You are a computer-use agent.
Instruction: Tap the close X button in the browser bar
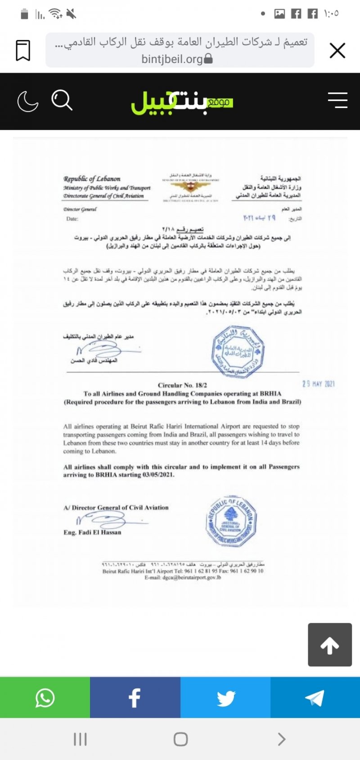[337, 50]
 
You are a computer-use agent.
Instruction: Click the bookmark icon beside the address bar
[23, 50]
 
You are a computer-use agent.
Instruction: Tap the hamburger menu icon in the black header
[337, 100]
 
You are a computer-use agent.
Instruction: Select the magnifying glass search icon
[62, 100]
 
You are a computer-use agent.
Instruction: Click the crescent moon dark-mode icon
[27, 101]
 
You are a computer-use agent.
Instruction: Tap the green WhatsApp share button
[45, 697]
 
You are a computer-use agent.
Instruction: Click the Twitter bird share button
[225, 697]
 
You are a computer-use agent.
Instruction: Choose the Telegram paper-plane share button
[315, 697]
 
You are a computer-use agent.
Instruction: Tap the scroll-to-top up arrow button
[329, 645]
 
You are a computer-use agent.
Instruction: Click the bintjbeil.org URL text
[172, 59]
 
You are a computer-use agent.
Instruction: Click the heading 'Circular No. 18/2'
[182, 385]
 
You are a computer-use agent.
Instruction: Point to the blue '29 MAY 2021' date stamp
[318, 384]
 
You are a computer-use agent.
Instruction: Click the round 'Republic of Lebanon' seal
[231, 522]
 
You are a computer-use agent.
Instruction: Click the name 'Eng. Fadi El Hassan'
[92, 532]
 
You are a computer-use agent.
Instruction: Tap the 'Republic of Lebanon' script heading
[92, 179]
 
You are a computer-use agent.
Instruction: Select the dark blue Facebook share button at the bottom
[135, 697]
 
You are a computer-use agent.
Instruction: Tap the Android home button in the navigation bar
[180, 739]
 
